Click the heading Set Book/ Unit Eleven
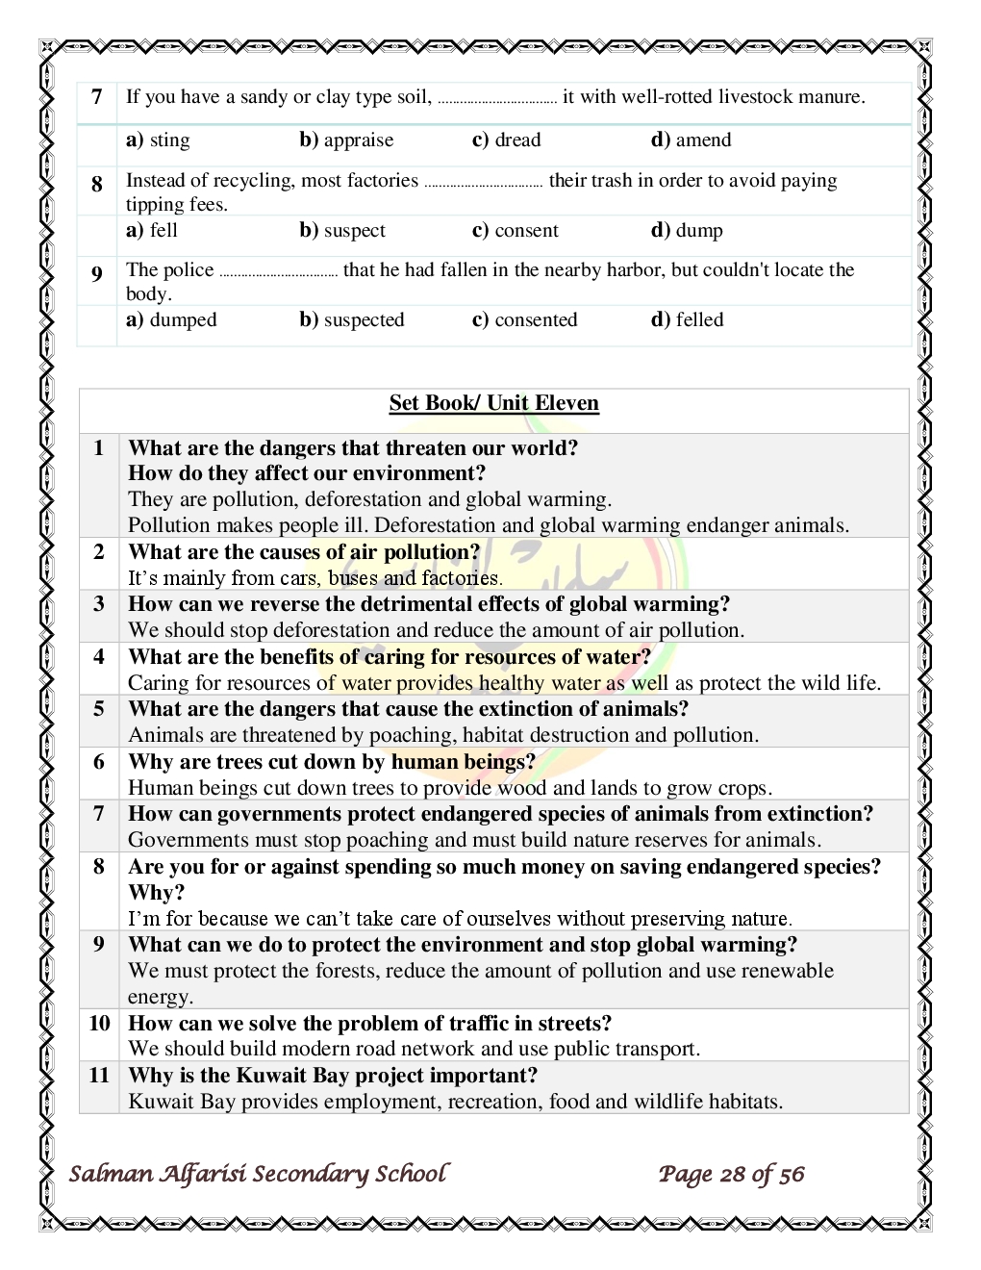click(x=493, y=403)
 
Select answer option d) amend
click(x=691, y=140)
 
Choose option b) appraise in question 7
click(x=346, y=140)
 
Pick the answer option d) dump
click(x=687, y=231)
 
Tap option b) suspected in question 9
click(x=351, y=320)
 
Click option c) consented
click(x=524, y=320)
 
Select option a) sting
click(x=158, y=140)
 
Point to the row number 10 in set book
click(x=99, y=1024)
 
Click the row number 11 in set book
click(x=99, y=1076)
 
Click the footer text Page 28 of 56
click(x=731, y=1175)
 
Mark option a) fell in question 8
click(x=152, y=231)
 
